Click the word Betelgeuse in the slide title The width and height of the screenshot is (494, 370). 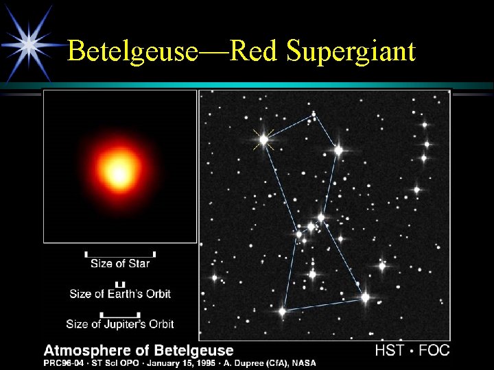point(132,51)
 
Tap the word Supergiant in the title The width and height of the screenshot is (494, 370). point(351,52)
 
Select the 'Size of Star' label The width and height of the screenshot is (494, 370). point(120,263)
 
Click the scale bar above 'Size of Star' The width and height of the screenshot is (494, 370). point(120,253)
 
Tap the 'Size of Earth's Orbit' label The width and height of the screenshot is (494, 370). point(120,294)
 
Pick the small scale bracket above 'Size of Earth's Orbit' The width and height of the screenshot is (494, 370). point(120,284)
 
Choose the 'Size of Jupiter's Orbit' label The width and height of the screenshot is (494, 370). point(120,324)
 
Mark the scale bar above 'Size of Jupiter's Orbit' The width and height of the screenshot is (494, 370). point(120,314)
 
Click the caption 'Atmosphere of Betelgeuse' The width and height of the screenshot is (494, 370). point(139,351)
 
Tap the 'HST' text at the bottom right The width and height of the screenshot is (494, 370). point(390,351)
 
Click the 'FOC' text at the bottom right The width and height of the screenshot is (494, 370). point(434,351)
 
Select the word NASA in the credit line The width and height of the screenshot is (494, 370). point(302,362)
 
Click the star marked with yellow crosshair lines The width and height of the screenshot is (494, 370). point(263,139)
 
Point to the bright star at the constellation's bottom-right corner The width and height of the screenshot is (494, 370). point(365,297)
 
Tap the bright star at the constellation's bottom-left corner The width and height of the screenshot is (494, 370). point(282,311)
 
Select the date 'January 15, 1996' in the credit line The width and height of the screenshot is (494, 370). point(179,362)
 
